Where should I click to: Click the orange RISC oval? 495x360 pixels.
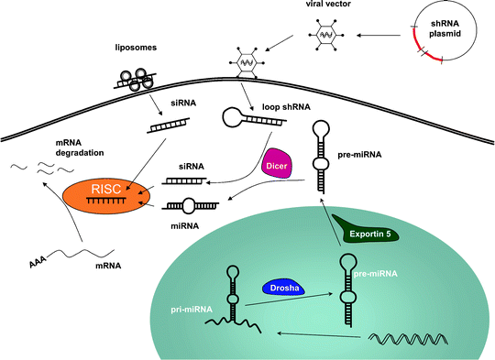pyautogui.click(x=103, y=196)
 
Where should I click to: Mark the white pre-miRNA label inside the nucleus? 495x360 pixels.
pyautogui.click(x=376, y=273)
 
